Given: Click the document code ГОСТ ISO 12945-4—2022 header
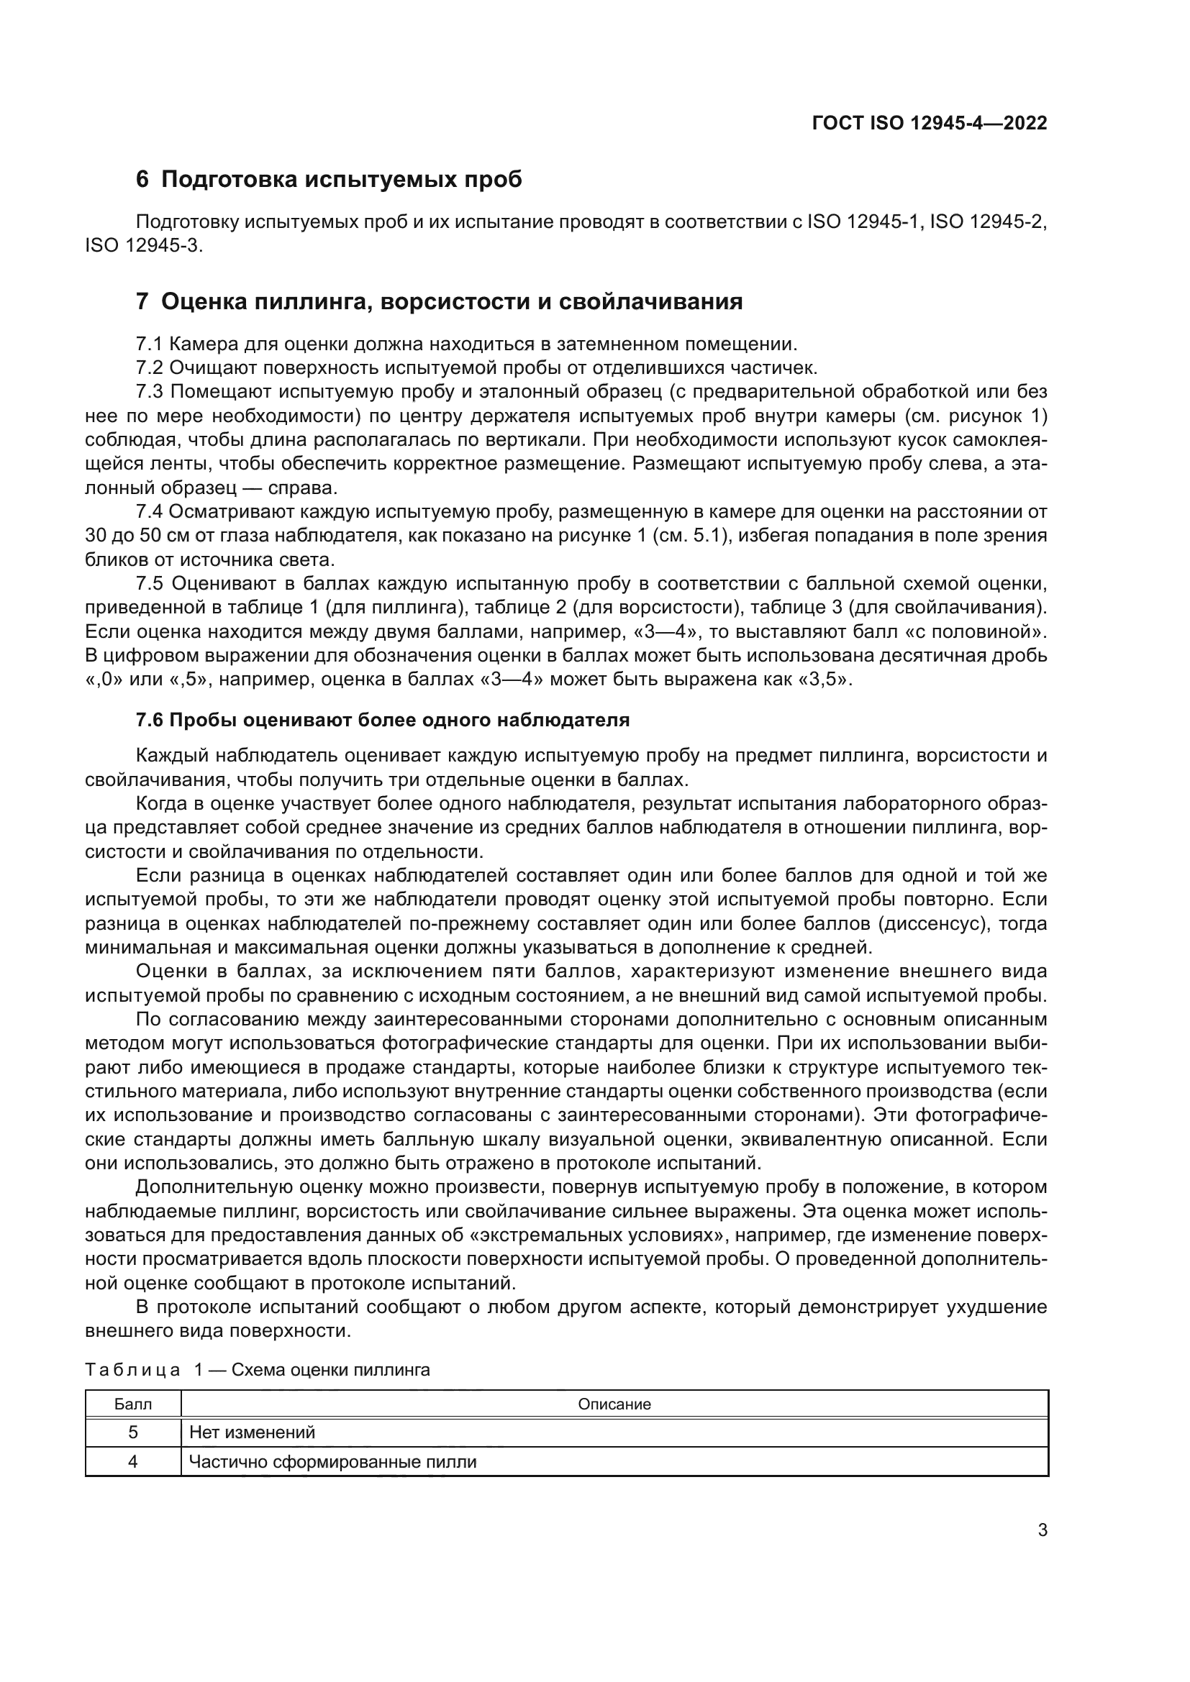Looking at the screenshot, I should (x=928, y=123).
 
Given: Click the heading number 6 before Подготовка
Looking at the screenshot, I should (x=142, y=180).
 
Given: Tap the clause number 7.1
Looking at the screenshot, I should (x=150, y=344).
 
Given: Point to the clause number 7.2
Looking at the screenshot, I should (x=150, y=367).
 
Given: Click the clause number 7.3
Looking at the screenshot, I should (x=150, y=392).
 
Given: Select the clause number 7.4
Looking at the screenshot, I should (x=150, y=511).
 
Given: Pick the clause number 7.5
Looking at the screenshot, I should (x=150, y=583).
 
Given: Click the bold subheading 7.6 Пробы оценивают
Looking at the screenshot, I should (x=383, y=720).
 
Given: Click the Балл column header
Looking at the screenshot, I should (x=133, y=1404).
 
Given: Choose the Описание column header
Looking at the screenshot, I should (x=614, y=1404).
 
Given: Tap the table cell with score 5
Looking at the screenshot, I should (x=133, y=1432).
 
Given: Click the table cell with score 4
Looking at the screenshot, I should (x=133, y=1461).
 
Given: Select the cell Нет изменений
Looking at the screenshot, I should (x=251, y=1432).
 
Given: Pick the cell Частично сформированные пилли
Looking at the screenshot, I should (x=332, y=1461).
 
